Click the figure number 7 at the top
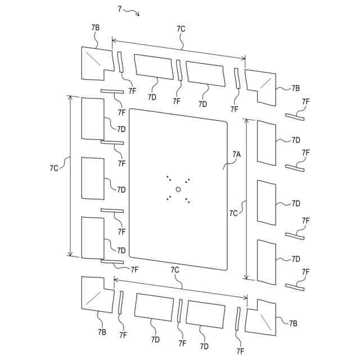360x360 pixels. (x=120, y=8)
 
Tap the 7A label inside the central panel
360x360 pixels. (x=236, y=153)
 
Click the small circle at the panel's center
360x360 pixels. (x=178, y=189)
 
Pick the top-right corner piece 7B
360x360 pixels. (x=263, y=84)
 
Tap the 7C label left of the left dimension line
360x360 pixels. (x=55, y=168)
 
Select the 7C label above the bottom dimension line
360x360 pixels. (x=175, y=271)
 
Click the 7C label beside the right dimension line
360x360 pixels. (x=233, y=213)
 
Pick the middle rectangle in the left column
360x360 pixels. (x=93, y=178)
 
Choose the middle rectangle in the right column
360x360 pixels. (x=267, y=202)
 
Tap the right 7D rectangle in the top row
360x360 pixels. (x=205, y=74)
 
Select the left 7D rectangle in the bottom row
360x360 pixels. (x=154, y=307)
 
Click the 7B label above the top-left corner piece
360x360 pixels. (x=95, y=28)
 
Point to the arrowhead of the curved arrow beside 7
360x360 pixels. (x=138, y=15)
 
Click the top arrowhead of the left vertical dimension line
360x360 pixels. (x=70, y=97)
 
